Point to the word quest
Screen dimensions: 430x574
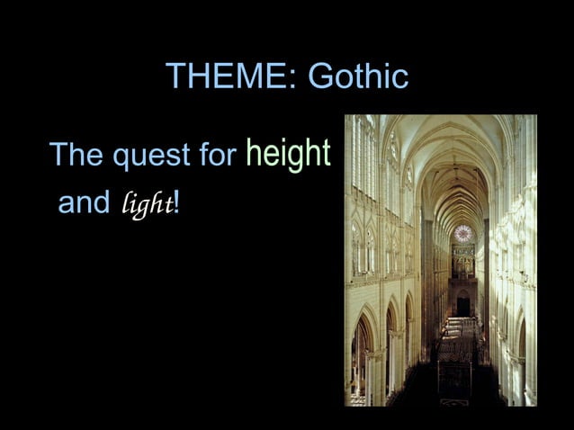[x=149, y=158]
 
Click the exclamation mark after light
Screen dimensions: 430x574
[x=177, y=203]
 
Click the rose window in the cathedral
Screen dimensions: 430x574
[x=463, y=234]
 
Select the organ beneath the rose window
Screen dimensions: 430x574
[x=462, y=261]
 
